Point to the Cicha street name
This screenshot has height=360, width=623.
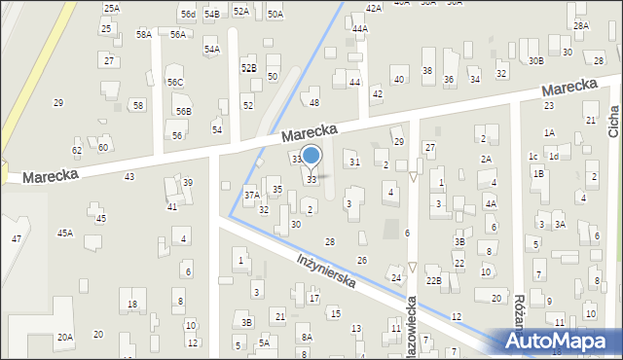[x=614, y=121]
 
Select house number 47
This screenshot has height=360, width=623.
[x=16, y=238]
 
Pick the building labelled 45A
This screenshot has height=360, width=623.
[x=65, y=233]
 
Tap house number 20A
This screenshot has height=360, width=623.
[x=64, y=337]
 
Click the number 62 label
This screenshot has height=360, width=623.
[x=77, y=150]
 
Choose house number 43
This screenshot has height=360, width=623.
[x=129, y=176]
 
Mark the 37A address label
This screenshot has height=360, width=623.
[x=252, y=195]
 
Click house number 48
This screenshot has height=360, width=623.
[x=313, y=102]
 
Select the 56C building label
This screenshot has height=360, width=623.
[x=174, y=83]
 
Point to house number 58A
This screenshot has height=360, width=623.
[x=144, y=34]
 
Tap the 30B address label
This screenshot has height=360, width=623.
[x=535, y=60]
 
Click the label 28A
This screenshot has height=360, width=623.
[x=581, y=26]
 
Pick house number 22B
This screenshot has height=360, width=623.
[x=434, y=281]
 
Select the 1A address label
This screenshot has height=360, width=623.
[x=549, y=132]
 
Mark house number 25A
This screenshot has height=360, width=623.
[x=112, y=8]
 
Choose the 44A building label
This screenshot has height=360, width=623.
[x=360, y=29]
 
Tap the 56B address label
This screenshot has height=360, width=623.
[x=183, y=112]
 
